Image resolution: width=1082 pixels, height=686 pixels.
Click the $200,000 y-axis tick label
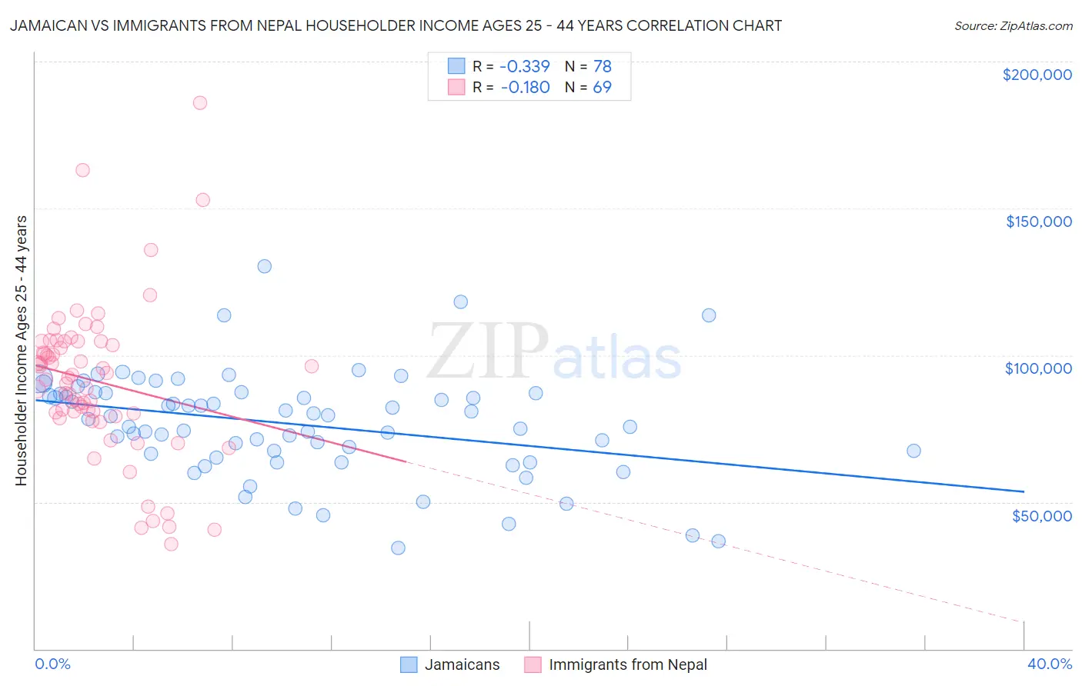pyautogui.click(x=1037, y=75)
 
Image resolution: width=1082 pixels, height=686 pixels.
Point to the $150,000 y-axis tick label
pyautogui.click(x=1038, y=221)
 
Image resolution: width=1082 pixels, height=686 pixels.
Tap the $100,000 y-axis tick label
pyautogui.click(x=1038, y=368)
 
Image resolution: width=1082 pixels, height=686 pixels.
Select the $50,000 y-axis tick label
pyautogui.click(x=1041, y=515)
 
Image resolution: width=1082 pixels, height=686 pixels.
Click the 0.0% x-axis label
pyautogui.click(x=52, y=664)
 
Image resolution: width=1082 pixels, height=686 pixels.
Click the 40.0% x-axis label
pyautogui.click(x=1049, y=664)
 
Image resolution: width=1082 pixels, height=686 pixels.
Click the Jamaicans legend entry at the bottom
pyautogui.click(x=461, y=664)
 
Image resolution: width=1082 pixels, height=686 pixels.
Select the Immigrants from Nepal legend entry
pyautogui.click(x=627, y=664)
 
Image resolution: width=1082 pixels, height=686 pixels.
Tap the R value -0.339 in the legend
pyautogui.click(x=524, y=66)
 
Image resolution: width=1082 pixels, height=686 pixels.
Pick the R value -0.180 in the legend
pyautogui.click(x=525, y=87)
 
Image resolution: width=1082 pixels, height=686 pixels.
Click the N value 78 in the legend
pyautogui.click(x=602, y=66)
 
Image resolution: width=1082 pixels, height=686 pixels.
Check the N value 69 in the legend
pyautogui.click(x=602, y=87)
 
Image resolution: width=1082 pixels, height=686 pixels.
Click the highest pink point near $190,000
pyautogui.click(x=200, y=103)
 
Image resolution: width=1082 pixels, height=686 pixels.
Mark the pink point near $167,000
pyautogui.click(x=82, y=170)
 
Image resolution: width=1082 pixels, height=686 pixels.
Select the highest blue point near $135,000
pyautogui.click(x=264, y=266)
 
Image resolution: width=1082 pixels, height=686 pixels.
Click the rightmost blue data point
pyautogui.click(x=913, y=451)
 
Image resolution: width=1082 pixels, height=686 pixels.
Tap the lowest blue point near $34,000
pyautogui.click(x=398, y=548)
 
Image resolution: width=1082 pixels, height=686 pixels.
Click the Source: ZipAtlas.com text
pyautogui.click(x=1013, y=26)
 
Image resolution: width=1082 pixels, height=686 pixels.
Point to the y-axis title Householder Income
pyautogui.click(x=21, y=350)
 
